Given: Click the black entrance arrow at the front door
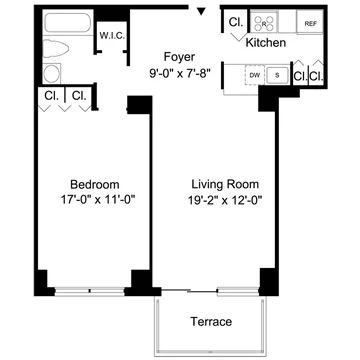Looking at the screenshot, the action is click(x=201, y=11).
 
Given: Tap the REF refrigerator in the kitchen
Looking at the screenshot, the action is click(x=310, y=23).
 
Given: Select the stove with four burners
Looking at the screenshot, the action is click(x=264, y=23).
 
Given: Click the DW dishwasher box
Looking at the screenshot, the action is click(x=255, y=75).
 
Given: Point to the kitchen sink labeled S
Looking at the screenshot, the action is click(x=277, y=75).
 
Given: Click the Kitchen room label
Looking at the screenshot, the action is click(x=266, y=43).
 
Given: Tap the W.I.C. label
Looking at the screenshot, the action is click(x=112, y=36).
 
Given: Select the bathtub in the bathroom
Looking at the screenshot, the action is click(x=68, y=23).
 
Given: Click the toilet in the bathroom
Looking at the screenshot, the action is click(x=56, y=48).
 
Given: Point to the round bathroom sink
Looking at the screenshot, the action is click(x=52, y=73).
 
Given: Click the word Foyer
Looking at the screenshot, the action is click(x=179, y=57).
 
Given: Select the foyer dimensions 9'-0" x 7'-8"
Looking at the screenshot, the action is click(x=180, y=73).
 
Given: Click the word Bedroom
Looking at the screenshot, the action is click(x=95, y=184).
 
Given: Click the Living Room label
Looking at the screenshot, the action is click(x=225, y=184).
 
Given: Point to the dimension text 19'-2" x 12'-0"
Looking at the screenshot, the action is click(x=225, y=200).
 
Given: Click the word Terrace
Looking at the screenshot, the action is click(x=211, y=322).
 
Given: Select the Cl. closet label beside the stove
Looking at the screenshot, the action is click(x=235, y=22).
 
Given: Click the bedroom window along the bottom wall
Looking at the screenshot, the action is click(x=90, y=291).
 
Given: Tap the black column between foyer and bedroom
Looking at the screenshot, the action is click(x=140, y=105).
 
